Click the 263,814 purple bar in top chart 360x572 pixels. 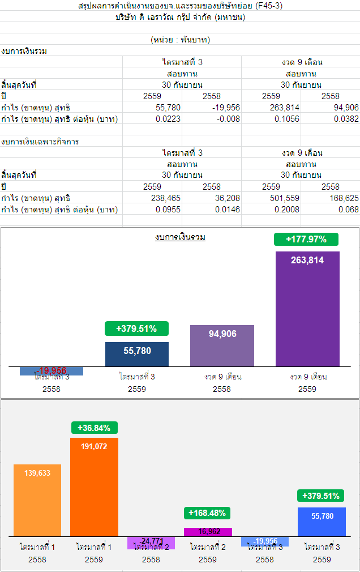307,309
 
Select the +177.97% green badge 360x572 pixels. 306,239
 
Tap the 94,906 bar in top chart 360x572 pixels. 222,345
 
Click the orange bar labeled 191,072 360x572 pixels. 94,487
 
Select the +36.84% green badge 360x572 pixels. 94,428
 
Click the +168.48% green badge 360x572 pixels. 207,513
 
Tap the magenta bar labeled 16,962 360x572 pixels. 208,532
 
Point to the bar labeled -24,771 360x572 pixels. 151,543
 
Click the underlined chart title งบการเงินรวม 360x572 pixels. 180,237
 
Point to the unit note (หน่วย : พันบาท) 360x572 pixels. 180,40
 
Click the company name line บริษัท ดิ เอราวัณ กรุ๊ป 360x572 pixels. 180,17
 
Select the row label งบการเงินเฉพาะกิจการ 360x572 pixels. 40,142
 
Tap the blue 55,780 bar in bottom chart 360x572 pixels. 322,522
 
